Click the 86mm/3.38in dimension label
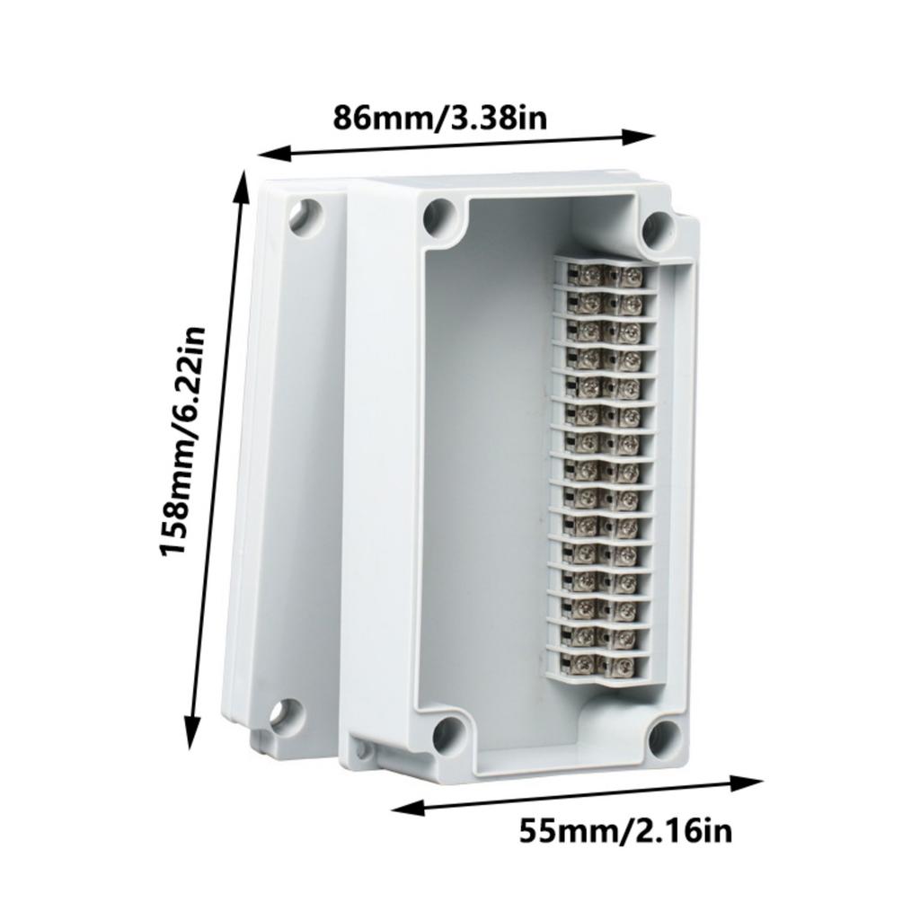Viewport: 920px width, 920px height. coord(440,118)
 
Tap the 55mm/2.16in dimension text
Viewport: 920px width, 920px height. coord(625,830)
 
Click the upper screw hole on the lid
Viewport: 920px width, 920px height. coord(304,217)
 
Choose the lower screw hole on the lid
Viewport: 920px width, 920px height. coord(284,715)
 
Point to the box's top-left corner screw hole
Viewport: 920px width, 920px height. coord(439,215)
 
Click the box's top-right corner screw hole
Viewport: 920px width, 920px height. coord(659,228)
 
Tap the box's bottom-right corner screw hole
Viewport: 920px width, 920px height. coord(664,738)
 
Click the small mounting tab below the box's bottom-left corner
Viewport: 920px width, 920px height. coord(362,747)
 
